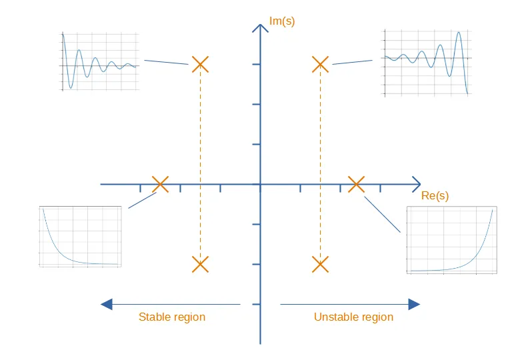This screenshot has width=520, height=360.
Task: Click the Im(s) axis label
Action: (x=282, y=21)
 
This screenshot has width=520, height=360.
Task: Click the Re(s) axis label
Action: (x=435, y=195)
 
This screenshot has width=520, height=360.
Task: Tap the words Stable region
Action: (x=172, y=317)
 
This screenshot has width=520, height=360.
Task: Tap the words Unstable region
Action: (x=353, y=317)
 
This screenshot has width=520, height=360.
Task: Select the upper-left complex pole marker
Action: (x=200, y=64)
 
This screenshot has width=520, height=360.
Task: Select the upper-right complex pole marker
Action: (x=321, y=64)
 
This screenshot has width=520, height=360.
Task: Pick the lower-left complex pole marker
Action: (x=200, y=264)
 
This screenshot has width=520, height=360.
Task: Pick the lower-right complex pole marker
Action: (x=321, y=264)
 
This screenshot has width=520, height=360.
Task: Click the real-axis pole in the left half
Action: (x=160, y=184)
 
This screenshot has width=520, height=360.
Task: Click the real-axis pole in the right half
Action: (x=357, y=184)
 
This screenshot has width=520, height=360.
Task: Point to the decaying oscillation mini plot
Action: (x=99, y=61)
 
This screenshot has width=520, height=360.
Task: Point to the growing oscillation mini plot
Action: (x=428, y=63)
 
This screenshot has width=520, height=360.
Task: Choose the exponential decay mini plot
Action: (x=80, y=237)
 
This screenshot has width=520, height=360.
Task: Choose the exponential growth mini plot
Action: (x=452, y=240)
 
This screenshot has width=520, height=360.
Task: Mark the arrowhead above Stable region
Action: (x=107, y=304)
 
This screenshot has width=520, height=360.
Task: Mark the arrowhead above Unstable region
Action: (x=414, y=304)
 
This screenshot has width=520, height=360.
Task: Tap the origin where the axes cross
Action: (x=260, y=184)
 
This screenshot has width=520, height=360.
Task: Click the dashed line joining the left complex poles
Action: (x=200, y=164)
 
